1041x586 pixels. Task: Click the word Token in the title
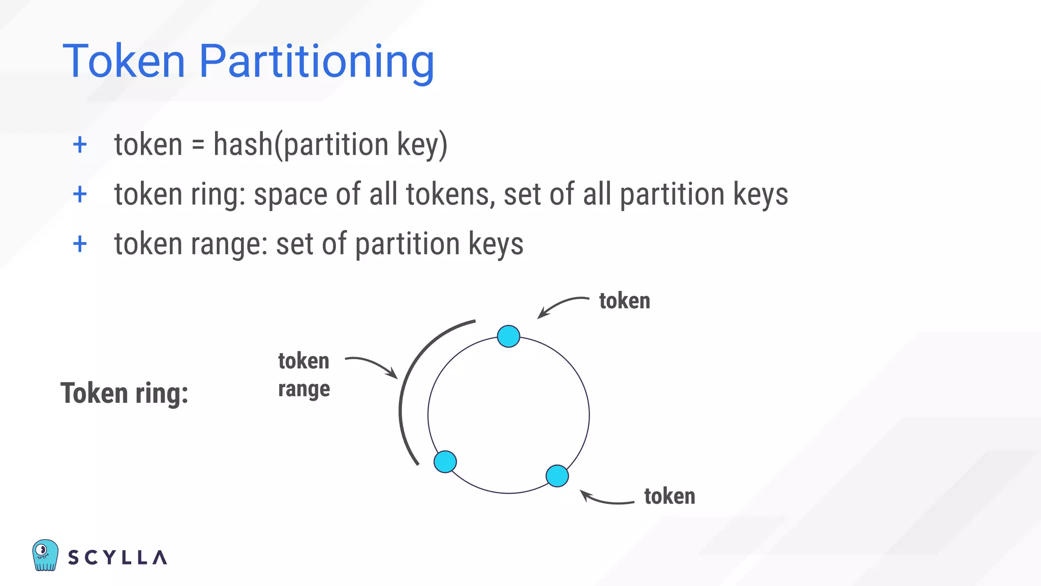124,62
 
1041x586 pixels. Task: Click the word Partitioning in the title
316,63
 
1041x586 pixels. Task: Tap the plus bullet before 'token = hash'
80,145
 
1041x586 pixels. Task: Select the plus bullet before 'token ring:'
80,194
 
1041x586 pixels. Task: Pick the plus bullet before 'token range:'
80,244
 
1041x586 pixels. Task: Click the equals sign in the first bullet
198,145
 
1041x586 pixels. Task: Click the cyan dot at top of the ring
508,336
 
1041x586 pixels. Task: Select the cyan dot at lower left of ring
445,462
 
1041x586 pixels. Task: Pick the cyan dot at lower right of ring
557,476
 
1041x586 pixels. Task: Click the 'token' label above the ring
624,301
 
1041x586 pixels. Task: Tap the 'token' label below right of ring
669,496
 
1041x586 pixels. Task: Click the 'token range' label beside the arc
304,374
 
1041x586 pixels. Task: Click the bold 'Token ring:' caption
125,393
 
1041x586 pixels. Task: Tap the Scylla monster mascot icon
45,555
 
